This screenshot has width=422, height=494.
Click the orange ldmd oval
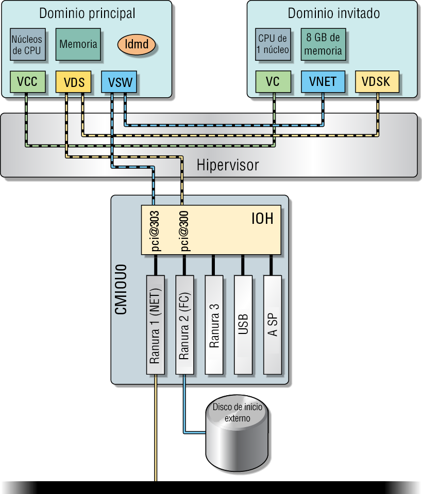(x=137, y=44)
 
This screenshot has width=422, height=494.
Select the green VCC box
(x=27, y=82)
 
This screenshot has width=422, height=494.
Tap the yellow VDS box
(x=74, y=82)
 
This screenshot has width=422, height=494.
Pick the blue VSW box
(x=120, y=82)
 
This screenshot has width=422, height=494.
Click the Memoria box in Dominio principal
(x=78, y=44)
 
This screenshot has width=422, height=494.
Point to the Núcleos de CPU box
(x=27, y=44)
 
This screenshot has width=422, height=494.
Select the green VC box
(x=273, y=82)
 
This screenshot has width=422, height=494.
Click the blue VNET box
(x=323, y=82)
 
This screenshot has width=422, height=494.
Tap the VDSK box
(x=376, y=82)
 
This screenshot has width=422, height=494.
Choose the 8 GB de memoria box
(x=323, y=44)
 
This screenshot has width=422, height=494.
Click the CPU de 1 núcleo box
(x=273, y=44)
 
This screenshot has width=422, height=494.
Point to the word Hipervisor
(x=228, y=166)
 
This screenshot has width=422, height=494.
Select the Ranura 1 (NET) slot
(x=155, y=325)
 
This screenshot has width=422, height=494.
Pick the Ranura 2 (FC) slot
(x=184, y=325)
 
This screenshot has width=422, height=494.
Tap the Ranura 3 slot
(x=214, y=325)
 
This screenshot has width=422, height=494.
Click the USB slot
(x=243, y=325)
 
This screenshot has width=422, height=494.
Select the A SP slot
(x=273, y=325)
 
